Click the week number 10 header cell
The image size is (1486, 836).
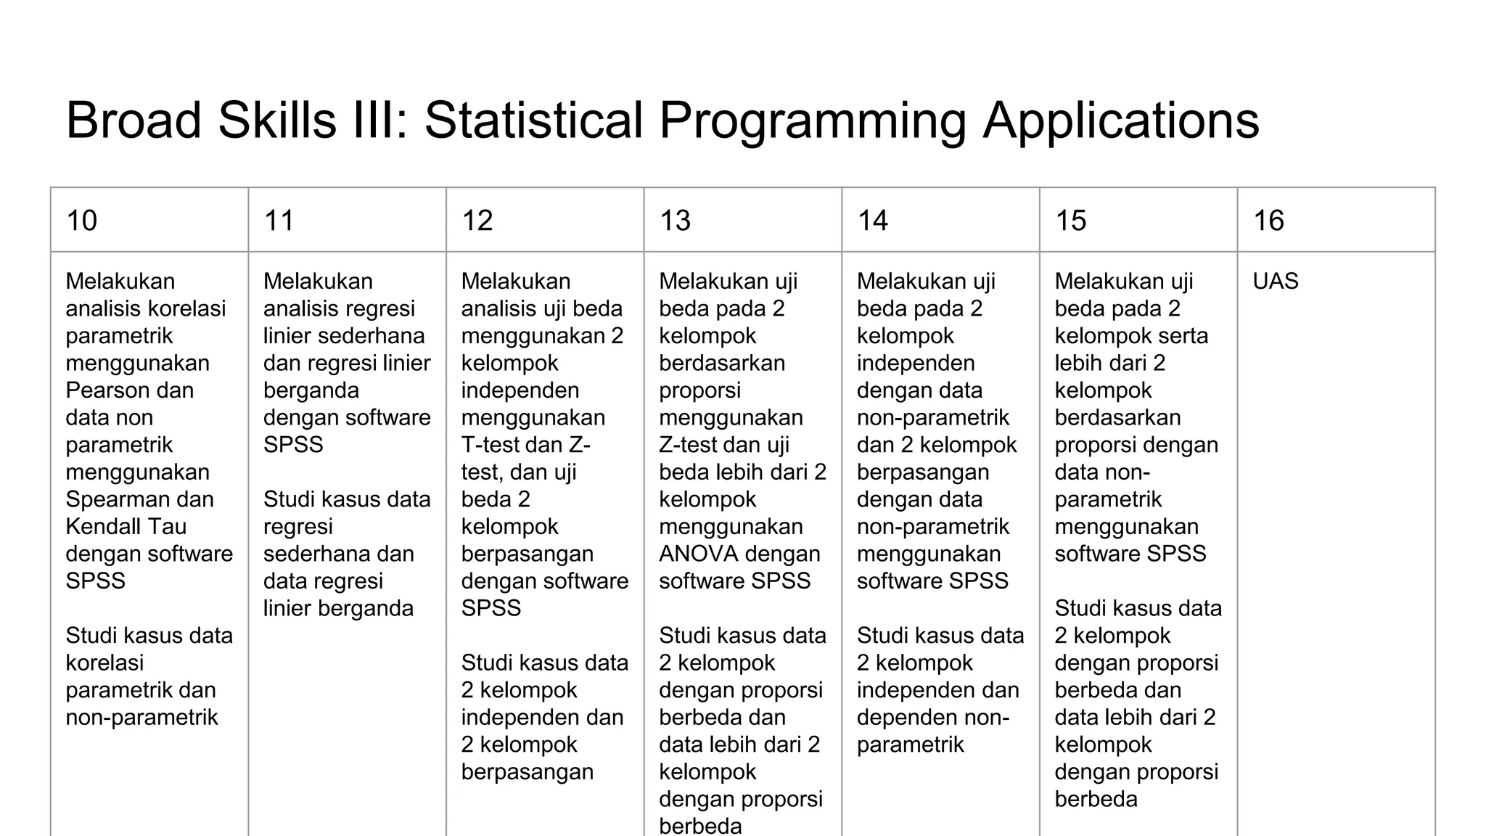click(x=81, y=221)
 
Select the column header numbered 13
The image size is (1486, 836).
click(x=675, y=221)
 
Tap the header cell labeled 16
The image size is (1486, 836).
click(x=1268, y=221)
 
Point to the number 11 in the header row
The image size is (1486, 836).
click(x=279, y=221)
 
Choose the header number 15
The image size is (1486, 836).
click(x=1070, y=221)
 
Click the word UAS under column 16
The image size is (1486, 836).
click(x=1276, y=281)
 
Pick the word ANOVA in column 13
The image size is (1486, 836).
click(x=697, y=554)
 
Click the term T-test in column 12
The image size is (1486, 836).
click(x=489, y=445)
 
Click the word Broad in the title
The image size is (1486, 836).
click(x=134, y=120)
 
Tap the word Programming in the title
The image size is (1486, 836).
click(x=813, y=120)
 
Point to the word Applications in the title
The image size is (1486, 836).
click(x=1121, y=120)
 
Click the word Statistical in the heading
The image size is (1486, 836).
click(x=534, y=120)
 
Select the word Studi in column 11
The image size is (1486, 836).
click(x=291, y=499)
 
